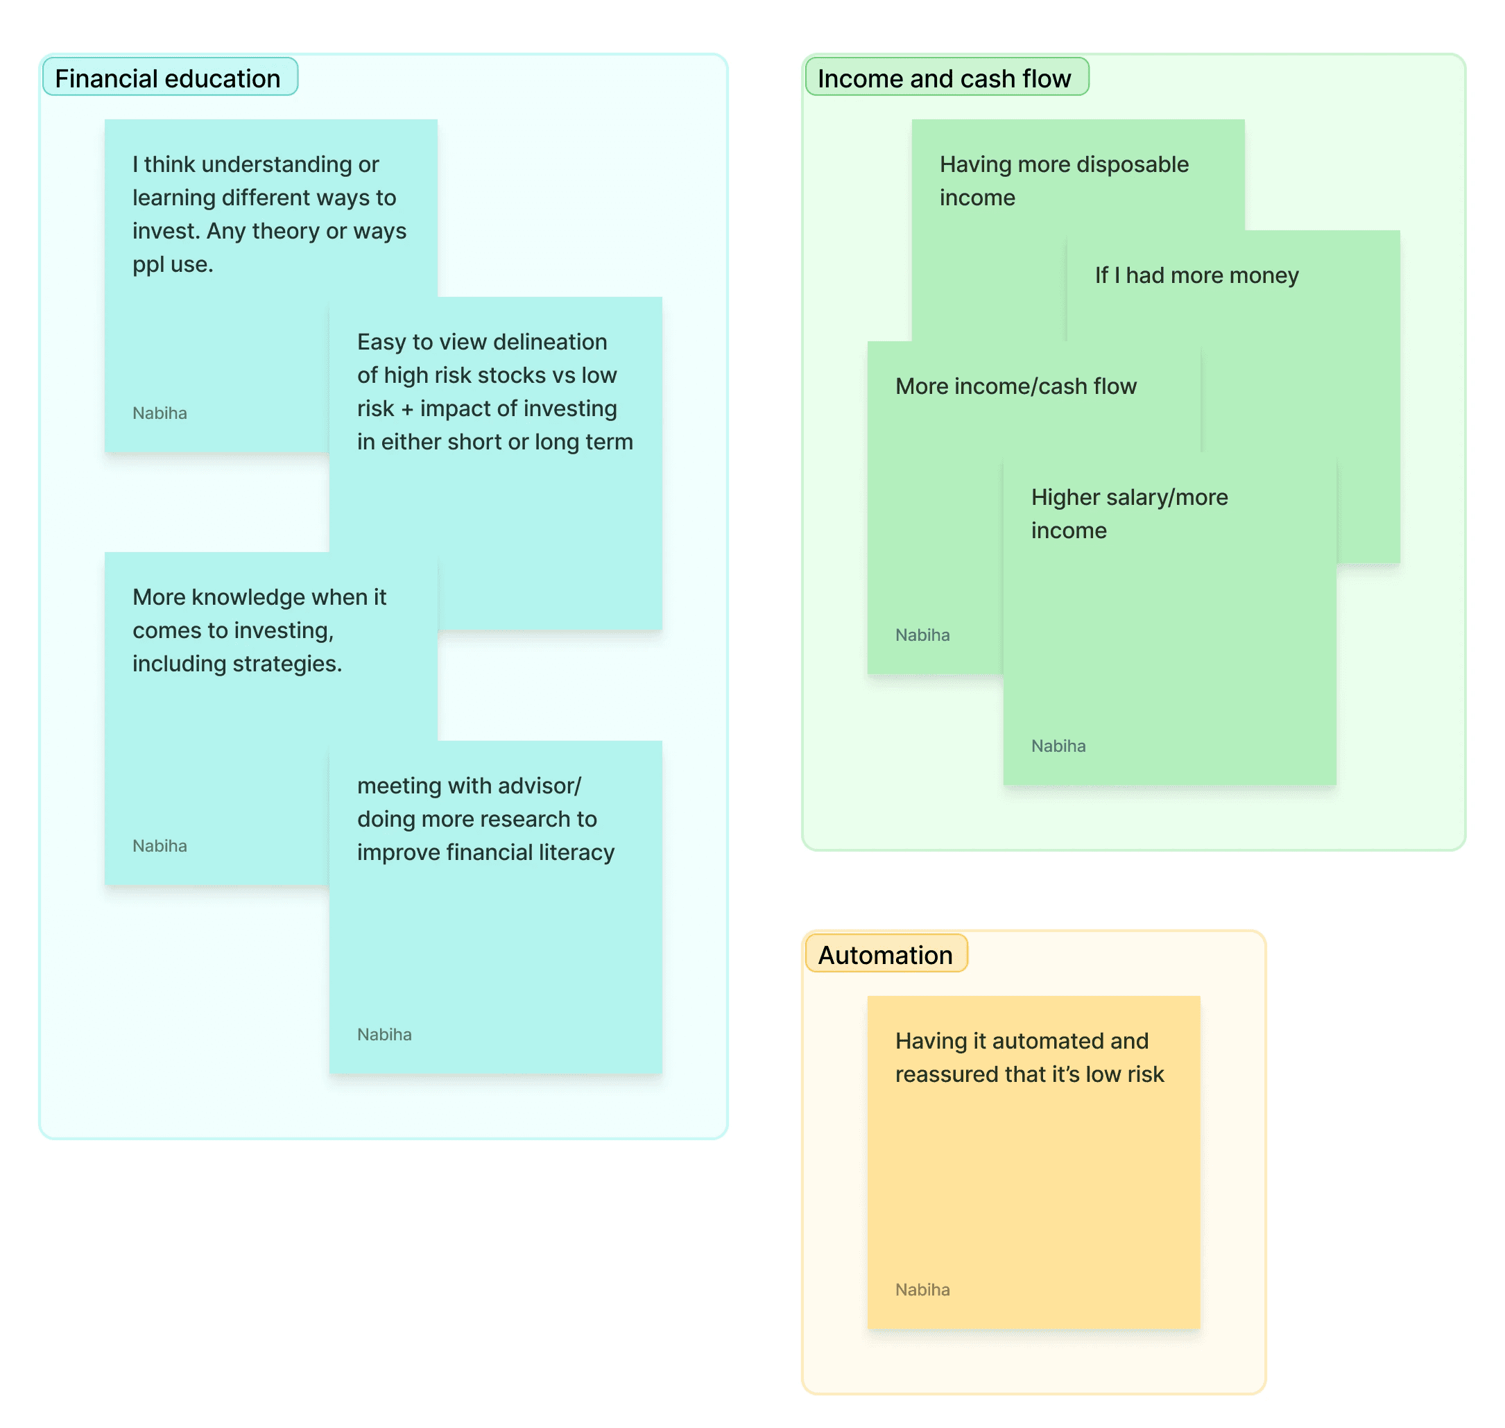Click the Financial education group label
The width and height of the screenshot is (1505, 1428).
click(167, 78)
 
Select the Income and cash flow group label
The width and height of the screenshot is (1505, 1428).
click(943, 78)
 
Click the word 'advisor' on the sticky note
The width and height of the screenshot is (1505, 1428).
click(547, 786)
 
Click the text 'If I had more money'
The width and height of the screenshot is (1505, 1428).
click(1196, 275)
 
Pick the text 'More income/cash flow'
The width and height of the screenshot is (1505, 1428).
click(1015, 387)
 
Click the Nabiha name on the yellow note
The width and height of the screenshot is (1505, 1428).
click(922, 1290)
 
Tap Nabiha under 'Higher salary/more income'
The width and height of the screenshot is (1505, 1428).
click(1058, 746)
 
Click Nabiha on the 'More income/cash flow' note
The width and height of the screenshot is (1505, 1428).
click(922, 635)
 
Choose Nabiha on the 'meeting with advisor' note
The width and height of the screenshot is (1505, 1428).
click(384, 1035)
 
